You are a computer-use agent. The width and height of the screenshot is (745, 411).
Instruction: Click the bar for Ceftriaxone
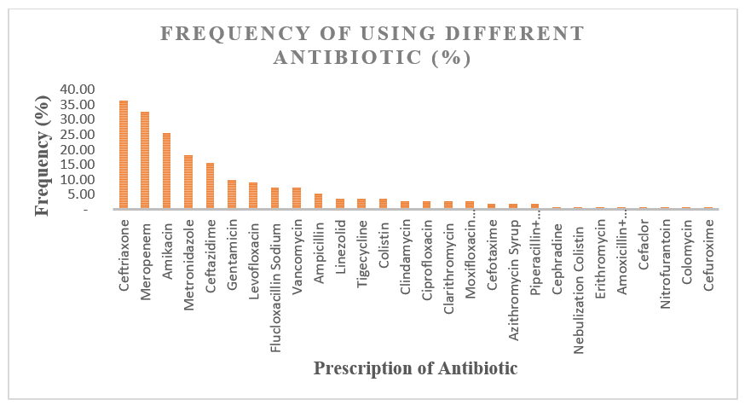pyautogui.click(x=124, y=154)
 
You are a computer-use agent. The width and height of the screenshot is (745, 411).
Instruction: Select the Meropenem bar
pyautogui.click(x=145, y=159)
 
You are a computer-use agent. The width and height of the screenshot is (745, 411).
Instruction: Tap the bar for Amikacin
pyautogui.click(x=167, y=171)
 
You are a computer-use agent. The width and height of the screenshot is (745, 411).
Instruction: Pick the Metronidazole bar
pyautogui.click(x=188, y=182)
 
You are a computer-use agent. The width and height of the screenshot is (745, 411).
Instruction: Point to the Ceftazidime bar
pyautogui.click(x=210, y=185)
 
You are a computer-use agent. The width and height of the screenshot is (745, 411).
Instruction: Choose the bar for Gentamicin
pyautogui.click(x=232, y=194)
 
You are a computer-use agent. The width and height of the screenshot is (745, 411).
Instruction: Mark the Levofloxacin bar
pyautogui.click(x=253, y=195)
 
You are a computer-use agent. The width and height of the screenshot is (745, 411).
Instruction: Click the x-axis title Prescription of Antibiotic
pyautogui.click(x=415, y=368)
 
